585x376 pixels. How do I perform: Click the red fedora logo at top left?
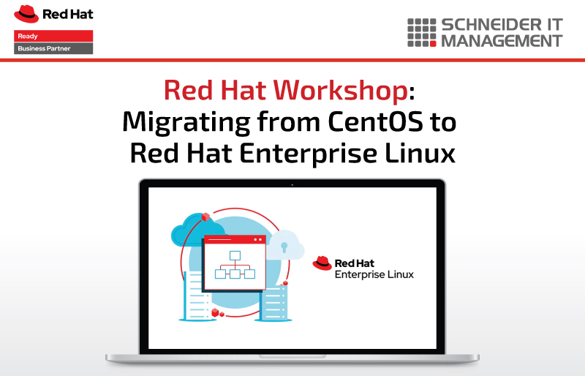pyautogui.click(x=26, y=14)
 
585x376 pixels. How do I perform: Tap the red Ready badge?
pyautogui.click(x=53, y=36)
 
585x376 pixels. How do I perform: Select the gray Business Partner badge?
pyautogui.click(x=53, y=48)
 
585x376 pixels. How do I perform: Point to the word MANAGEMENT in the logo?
pyautogui.click(x=502, y=41)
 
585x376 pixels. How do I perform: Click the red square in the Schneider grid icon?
pyautogui.click(x=433, y=44)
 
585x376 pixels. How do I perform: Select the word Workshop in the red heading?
pyautogui.click(x=341, y=91)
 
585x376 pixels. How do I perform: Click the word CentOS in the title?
pyautogui.click(x=376, y=121)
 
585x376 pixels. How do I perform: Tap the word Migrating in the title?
pyautogui.click(x=186, y=123)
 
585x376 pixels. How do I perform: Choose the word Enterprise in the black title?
pyautogui.click(x=308, y=154)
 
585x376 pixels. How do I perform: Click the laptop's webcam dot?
pyautogui.click(x=292, y=185)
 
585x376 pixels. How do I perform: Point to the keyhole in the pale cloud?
pyautogui.click(x=284, y=247)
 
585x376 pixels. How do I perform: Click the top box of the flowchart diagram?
pyautogui.click(x=235, y=255)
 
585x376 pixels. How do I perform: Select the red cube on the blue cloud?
pyautogui.click(x=205, y=217)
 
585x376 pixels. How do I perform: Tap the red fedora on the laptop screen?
pyautogui.click(x=322, y=263)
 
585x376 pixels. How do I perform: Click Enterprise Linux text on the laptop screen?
pyautogui.click(x=374, y=274)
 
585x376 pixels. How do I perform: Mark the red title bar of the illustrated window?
pyautogui.click(x=235, y=239)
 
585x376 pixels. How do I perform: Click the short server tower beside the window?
pyautogui.click(x=273, y=302)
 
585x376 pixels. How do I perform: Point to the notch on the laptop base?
pyautogui.click(x=292, y=356)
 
